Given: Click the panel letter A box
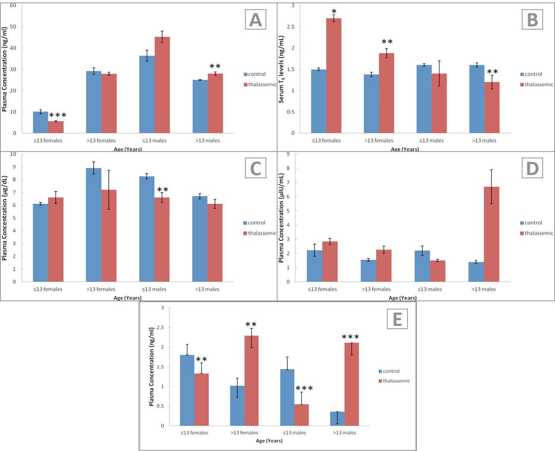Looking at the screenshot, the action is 255,19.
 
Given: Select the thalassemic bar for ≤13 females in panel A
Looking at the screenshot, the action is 56,127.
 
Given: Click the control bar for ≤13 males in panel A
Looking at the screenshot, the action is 147,95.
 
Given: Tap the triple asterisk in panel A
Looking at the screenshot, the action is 58,115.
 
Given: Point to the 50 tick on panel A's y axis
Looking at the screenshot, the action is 13,27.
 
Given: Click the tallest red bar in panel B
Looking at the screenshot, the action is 334,75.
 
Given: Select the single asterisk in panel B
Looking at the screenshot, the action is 334,12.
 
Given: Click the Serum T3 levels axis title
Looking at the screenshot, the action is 281,69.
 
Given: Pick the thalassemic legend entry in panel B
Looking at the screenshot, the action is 536,84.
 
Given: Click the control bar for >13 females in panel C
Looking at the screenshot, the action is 94,225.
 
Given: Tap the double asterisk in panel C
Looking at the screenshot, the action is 162,189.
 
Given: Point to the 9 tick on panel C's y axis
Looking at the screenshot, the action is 14,167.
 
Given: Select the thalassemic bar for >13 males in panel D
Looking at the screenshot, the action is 492,234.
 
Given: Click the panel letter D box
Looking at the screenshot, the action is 532,168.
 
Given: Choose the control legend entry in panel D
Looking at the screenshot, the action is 531,223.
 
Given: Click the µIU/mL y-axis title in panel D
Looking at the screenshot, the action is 281,218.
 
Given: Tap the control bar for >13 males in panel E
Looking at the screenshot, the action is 337,418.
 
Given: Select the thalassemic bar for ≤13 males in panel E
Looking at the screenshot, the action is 301,415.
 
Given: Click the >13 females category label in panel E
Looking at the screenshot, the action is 244,432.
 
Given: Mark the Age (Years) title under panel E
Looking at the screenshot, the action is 269,441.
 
